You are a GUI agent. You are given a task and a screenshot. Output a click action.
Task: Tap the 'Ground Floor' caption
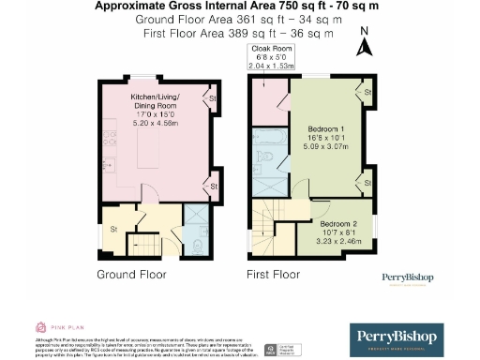[x=131, y=275]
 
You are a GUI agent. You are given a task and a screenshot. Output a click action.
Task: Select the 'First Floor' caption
[x=272, y=275]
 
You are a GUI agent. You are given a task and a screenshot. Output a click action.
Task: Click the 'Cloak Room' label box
[x=270, y=58]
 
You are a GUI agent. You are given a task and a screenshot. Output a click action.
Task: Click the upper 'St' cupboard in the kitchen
[x=213, y=97]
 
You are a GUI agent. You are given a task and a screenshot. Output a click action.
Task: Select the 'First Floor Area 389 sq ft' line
[x=234, y=33]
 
